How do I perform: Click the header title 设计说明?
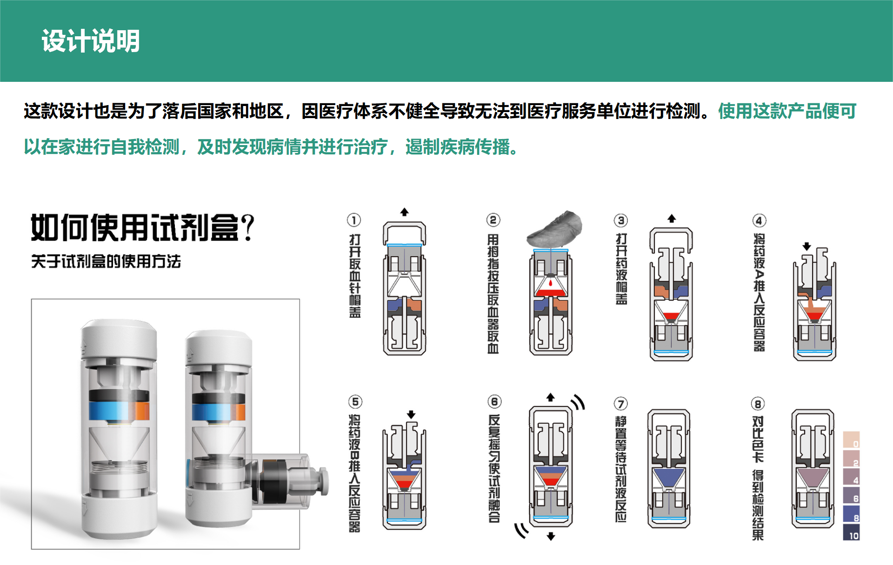91,41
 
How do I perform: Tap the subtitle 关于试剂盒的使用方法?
106,261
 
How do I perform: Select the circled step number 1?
354,220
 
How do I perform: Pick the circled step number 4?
759,220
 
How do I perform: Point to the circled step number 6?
494,402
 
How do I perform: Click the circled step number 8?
758,404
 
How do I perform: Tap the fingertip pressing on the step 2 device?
555,229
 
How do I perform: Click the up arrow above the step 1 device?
405,212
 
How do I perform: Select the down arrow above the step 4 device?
807,246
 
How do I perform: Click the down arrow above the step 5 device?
411,414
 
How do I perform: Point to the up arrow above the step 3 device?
672,218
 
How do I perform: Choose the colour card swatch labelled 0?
851,439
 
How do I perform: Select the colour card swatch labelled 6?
851,495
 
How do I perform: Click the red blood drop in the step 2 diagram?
551,282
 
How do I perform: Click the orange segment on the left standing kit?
142,411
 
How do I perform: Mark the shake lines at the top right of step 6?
579,402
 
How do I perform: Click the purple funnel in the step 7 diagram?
669,477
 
